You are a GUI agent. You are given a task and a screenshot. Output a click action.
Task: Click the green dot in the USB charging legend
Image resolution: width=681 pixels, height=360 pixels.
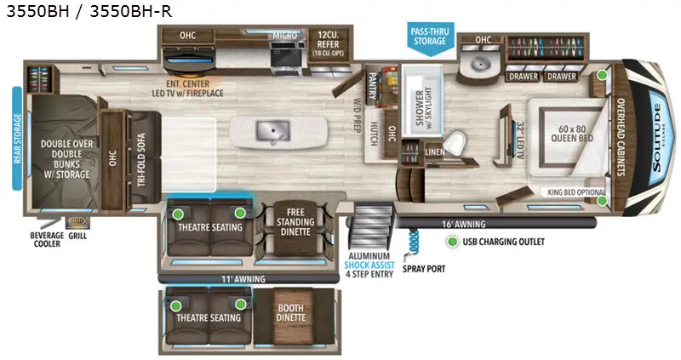pyautogui.click(x=451, y=242)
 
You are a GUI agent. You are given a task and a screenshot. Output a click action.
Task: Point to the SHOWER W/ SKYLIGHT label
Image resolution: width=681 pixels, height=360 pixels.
pyautogui.click(x=420, y=108)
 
